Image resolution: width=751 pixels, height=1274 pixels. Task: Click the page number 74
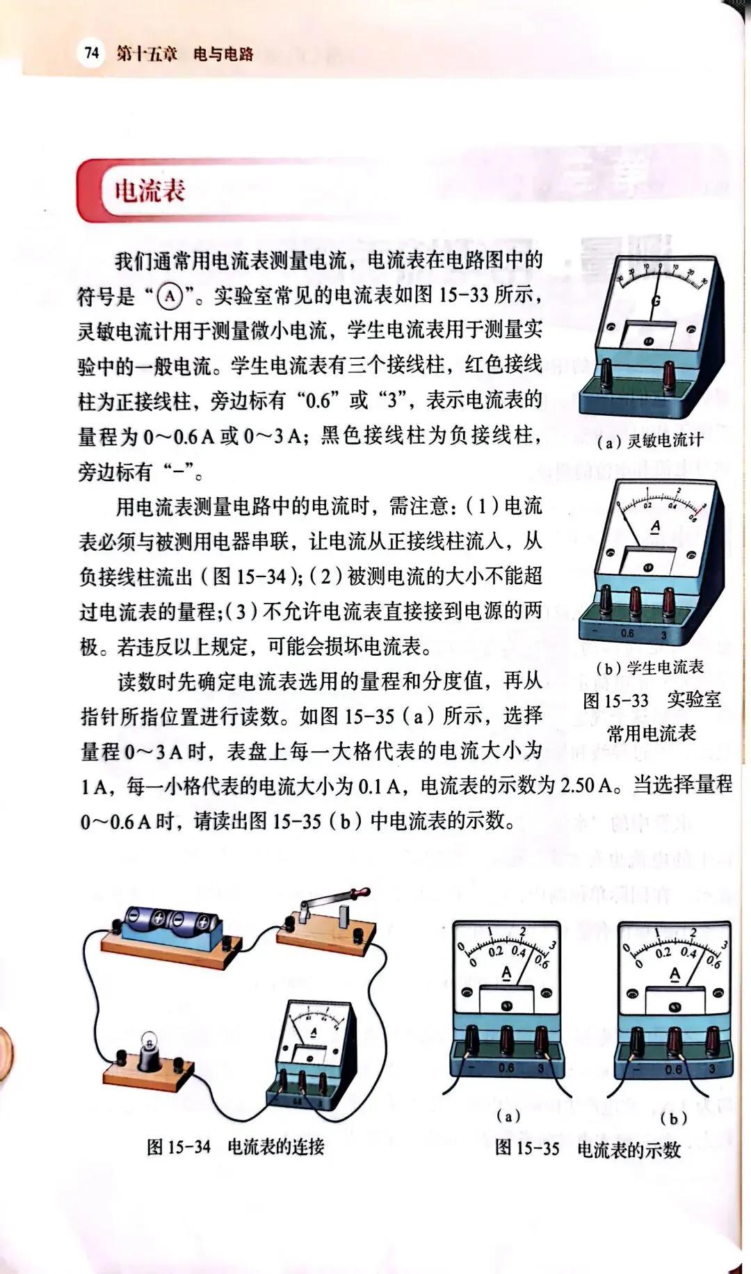point(92,53)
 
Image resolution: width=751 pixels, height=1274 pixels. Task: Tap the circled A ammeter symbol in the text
point(170,297)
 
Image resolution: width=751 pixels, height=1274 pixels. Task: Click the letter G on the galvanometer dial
point(656,301)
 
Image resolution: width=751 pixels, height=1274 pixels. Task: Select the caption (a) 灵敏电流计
point(650,440)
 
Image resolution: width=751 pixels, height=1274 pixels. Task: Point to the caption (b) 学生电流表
point(650,668)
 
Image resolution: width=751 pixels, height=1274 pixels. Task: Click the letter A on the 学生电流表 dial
point(655,527)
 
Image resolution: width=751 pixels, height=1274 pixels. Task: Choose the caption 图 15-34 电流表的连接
point(236,1147)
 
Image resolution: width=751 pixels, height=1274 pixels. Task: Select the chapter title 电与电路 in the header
point(223,54)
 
